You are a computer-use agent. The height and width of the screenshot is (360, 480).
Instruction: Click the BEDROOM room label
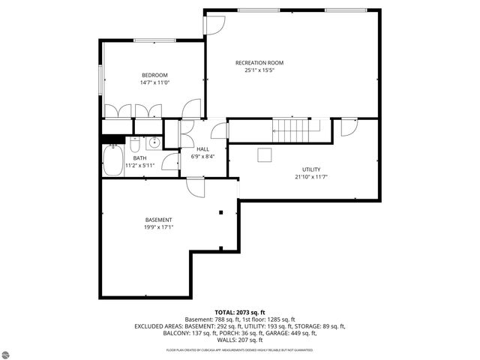pyautogui.click(x=154, y=75)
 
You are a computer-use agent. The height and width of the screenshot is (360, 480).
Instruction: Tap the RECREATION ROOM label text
pyautogui.click(x=259, y=62)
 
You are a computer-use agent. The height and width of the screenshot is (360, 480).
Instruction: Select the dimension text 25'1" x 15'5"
pyautogui.click(x=259, y=70)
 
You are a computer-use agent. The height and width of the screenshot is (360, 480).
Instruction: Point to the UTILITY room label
pyautogui.click(x=311, y=169)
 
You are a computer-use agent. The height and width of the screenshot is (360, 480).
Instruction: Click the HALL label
pyautogui.click(x=202, y=149)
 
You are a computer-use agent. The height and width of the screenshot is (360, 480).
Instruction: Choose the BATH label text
pyautogui.click(x=139, y=158)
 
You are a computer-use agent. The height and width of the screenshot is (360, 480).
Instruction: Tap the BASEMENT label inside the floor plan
pyautogui.click(x=159, y=220)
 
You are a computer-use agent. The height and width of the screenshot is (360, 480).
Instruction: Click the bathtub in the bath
pyautogui.click(x=114, y=160)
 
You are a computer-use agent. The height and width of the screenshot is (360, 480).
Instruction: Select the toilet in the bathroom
pyautogui.click(x=134, y=144)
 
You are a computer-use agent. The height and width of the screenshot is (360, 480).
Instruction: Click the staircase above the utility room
pyautogui.click(x=291, y=130)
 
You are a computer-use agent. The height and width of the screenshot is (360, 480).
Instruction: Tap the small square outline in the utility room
pyautogui.click(x=265, y=154)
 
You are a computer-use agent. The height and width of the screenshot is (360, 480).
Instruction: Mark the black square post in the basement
pyautogui.click(x=220, y=213)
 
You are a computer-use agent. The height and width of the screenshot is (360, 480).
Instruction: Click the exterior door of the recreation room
pyautogui.click(x=212, y=22)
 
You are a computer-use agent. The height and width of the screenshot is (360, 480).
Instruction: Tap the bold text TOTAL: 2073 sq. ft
pyautogui.click(x=239, y=312)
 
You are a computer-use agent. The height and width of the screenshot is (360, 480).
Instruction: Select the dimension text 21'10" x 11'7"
pyautogui.click(x=311, y=178)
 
